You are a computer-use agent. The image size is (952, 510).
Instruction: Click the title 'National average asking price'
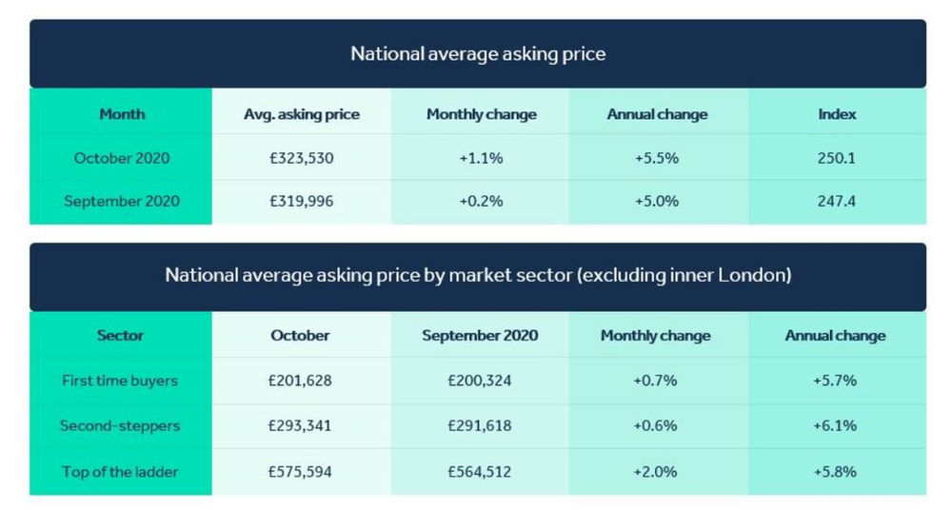[x=477, y=53]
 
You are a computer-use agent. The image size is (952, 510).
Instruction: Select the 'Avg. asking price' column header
[x=302, y=114]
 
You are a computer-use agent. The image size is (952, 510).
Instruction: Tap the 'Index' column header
[x=837, y=114]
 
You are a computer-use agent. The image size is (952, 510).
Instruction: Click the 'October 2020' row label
[x=122, y=158]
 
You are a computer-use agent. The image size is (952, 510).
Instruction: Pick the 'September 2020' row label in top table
[x=122, y=201]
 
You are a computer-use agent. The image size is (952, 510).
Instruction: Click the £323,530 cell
[x=302, y=158]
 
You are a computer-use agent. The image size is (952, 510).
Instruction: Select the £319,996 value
[x=302, y=201]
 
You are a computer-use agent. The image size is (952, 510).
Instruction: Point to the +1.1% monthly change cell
[x=481, y=158]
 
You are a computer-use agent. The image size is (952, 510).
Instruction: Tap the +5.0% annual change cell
[x=657, y=201]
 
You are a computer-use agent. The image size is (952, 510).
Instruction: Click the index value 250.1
[x=837, y=158]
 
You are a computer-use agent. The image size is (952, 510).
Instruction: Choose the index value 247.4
[x=837, y=201]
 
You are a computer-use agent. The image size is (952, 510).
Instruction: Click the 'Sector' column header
[x=121, y=336]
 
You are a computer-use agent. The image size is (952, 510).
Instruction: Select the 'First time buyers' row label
[x=120, y=381]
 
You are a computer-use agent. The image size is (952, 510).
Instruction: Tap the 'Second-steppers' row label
[x=120, y=425]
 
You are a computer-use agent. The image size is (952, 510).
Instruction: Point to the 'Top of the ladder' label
[x=120, y=471]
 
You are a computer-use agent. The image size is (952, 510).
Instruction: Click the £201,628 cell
[x=300, y=381]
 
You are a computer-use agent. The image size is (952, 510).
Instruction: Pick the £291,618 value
[x=480, y=425]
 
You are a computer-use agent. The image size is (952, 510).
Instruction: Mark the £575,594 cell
[x=300, y=471]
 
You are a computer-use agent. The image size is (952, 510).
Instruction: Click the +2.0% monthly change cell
[x=655, y=471]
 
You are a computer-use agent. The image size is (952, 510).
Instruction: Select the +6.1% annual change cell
[x=835, y=425]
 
